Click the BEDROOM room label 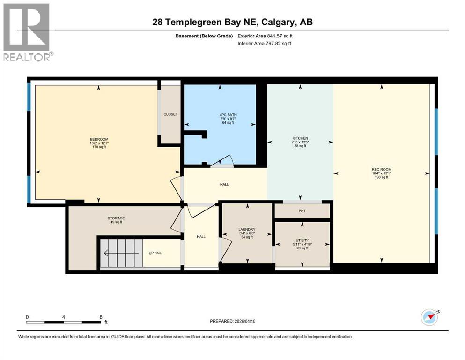coord(99,139)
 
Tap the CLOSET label coord(170,114)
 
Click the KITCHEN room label coord(300,138)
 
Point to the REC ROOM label coord(382,169)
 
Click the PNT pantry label coord(302,211)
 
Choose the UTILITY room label coord(302,240)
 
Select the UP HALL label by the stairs coord(155,253)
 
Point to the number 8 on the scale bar coord(101,316)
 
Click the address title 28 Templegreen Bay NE coord(232,22)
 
